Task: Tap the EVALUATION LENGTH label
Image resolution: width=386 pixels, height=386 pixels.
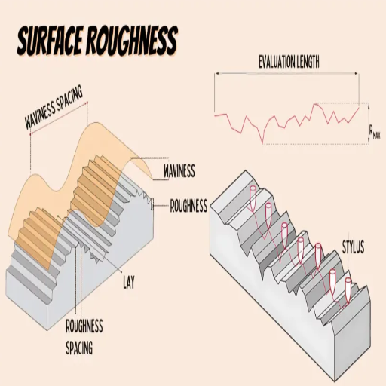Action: (x=289, y=62)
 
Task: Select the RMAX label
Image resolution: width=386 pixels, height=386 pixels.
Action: (x=374, y=132)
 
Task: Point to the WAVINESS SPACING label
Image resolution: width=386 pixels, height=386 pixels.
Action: (x=54, y=107)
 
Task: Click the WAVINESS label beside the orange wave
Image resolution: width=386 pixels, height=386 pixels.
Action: (x=179, y=171)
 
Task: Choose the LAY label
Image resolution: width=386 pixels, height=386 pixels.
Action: (x=129, y=282)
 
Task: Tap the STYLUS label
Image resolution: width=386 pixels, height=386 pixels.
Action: (x=353, y=247)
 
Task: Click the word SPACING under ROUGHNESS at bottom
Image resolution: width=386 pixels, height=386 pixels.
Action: (x=79, y=348)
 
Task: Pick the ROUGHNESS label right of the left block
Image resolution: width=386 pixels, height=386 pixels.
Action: (x=188, y=206)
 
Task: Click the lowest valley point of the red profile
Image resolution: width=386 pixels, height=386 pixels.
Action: (x=263, y=143)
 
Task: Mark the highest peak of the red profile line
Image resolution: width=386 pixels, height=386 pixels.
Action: (x=315, y=103)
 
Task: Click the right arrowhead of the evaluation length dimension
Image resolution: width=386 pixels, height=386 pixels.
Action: (x=357, y=73)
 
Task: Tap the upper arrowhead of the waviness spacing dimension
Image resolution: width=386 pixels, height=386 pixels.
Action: (x=87, y=103)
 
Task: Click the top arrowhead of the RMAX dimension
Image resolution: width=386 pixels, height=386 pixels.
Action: (x=369, y=106)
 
